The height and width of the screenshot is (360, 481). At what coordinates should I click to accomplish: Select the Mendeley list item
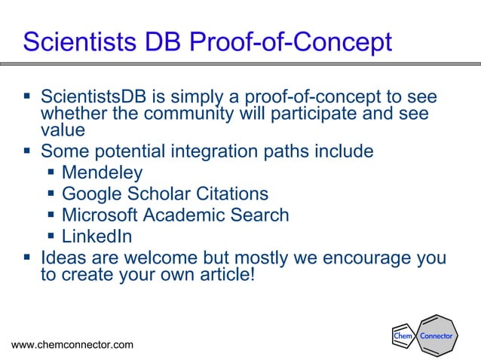pos(103,173)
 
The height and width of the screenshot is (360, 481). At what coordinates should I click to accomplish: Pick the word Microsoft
pos(100,215)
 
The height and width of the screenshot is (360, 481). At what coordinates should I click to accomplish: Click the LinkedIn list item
pos(97,236)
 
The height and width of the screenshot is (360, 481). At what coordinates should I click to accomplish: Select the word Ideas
pos(64,258)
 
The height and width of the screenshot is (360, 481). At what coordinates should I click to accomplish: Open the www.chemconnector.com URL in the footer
pos(72,345)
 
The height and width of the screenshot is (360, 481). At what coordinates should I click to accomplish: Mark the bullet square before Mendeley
pos(51,173)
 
